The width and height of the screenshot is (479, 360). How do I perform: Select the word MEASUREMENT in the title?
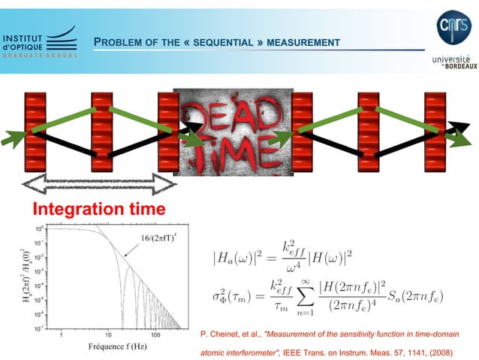coord(304,42)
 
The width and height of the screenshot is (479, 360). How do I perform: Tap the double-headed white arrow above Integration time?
coord(98,183)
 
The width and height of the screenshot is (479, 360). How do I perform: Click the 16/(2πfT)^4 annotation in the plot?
coord(158,238)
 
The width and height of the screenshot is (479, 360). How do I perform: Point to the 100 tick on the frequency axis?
coord(156,334)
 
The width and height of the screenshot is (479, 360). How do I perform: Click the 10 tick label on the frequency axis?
coord(109,334)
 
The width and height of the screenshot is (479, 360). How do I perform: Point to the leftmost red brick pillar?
coord(35,133)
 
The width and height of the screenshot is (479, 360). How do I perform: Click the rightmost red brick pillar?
coord(435,133)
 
